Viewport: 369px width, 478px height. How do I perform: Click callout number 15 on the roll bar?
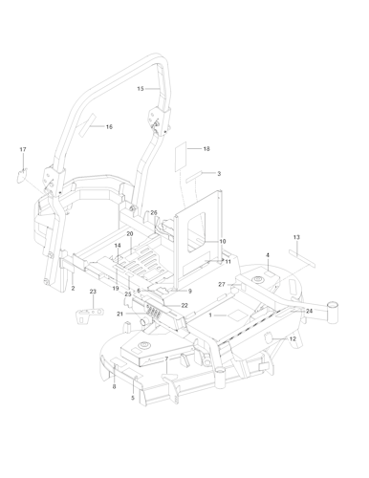(141, 88)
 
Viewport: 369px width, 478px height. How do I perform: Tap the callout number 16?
(109, 127)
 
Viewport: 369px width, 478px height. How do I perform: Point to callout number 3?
(219, 174)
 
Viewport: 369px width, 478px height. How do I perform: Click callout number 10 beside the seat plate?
(222, 242)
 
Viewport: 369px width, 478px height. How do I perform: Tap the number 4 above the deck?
(269, 255)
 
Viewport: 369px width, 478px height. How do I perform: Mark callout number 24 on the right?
(310, 311)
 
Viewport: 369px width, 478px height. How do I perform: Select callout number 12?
(293, 339)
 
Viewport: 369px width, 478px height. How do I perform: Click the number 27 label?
(221, 285)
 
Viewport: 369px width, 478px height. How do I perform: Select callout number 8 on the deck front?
(114, 387)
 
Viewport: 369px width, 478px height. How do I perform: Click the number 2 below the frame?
(74, 288)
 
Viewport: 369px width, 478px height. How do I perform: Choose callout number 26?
(155, 212)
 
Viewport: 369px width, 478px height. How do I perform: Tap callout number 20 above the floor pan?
(130, 234)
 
